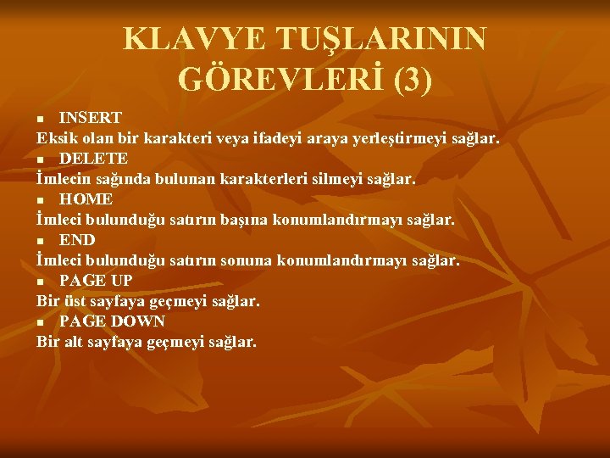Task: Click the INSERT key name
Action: point(90,117)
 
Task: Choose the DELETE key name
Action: point(93,159)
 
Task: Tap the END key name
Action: point(77,240)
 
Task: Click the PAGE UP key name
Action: point(96,281)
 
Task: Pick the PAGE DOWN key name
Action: point(112,321)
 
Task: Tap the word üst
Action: point(76,301)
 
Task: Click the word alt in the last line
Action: point(75,342)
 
